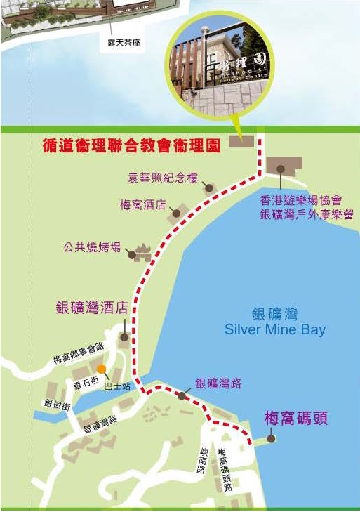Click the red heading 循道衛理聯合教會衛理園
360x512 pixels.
click(x=129, y=145)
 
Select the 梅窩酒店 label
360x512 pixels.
click(x=142, y=205)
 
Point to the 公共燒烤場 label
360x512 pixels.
click(x=91, y=247)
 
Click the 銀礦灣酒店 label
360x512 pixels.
click(x=93, y=308)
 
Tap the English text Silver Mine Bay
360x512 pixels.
click(x=274, y=329)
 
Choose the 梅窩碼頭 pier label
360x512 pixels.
click(x=296, y=419)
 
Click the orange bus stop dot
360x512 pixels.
click(x=102, y=368)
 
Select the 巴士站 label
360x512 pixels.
click(x=116, y=386)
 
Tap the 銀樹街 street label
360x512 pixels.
click(x=57, y=404)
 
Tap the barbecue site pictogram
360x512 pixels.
click(x=143, y=251)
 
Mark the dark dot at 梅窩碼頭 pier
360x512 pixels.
click(x=272, y=439)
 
